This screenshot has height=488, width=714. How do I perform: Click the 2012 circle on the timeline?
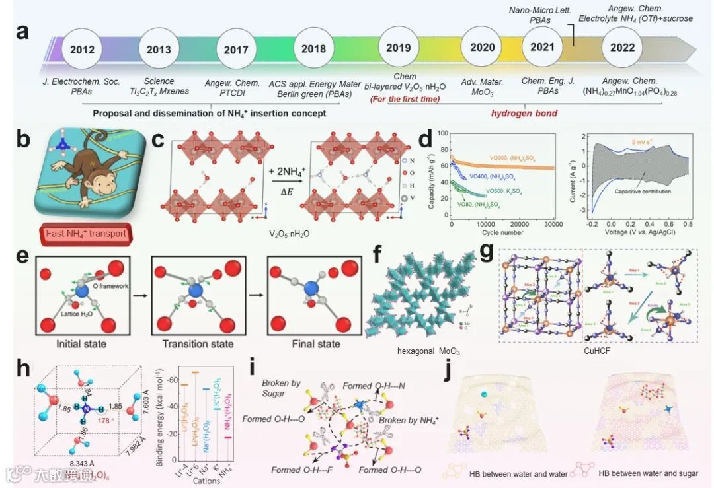click(x=81, y=49)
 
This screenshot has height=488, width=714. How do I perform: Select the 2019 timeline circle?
click(x=398, y=48)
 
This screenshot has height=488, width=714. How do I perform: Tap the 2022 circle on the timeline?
click(x=623, y=48)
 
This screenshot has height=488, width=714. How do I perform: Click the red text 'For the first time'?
click(x=406, y=100)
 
